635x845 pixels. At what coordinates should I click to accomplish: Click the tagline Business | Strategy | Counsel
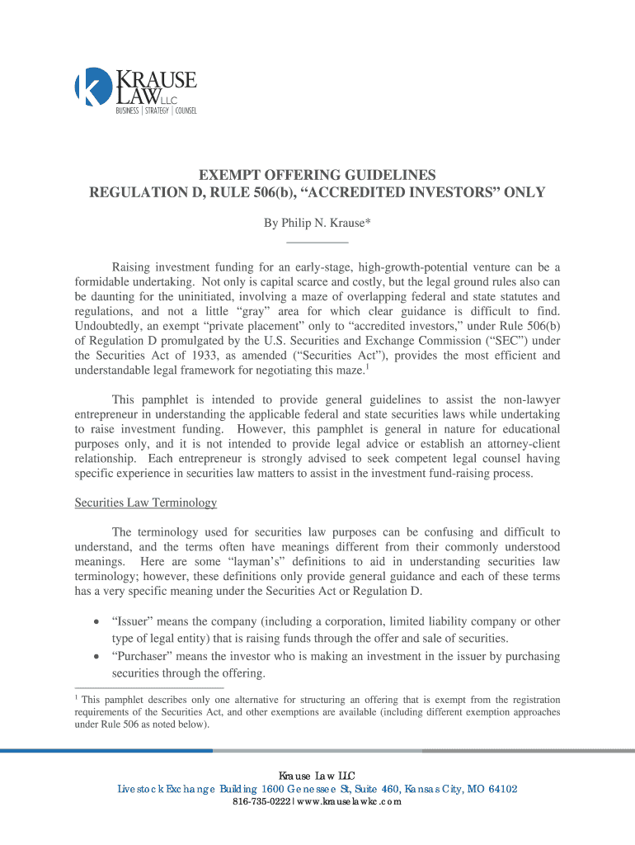[155, 111]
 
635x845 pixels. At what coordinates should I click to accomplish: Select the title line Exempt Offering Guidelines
[317, 175]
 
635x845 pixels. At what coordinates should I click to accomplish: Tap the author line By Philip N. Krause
[317, 223]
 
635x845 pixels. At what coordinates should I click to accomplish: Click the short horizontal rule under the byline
[317, 242]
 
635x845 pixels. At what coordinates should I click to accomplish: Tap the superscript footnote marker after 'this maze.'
[366, 366]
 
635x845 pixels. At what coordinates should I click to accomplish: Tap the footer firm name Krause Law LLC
[317, 776]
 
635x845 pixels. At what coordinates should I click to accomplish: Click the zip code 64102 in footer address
[497, 789]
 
